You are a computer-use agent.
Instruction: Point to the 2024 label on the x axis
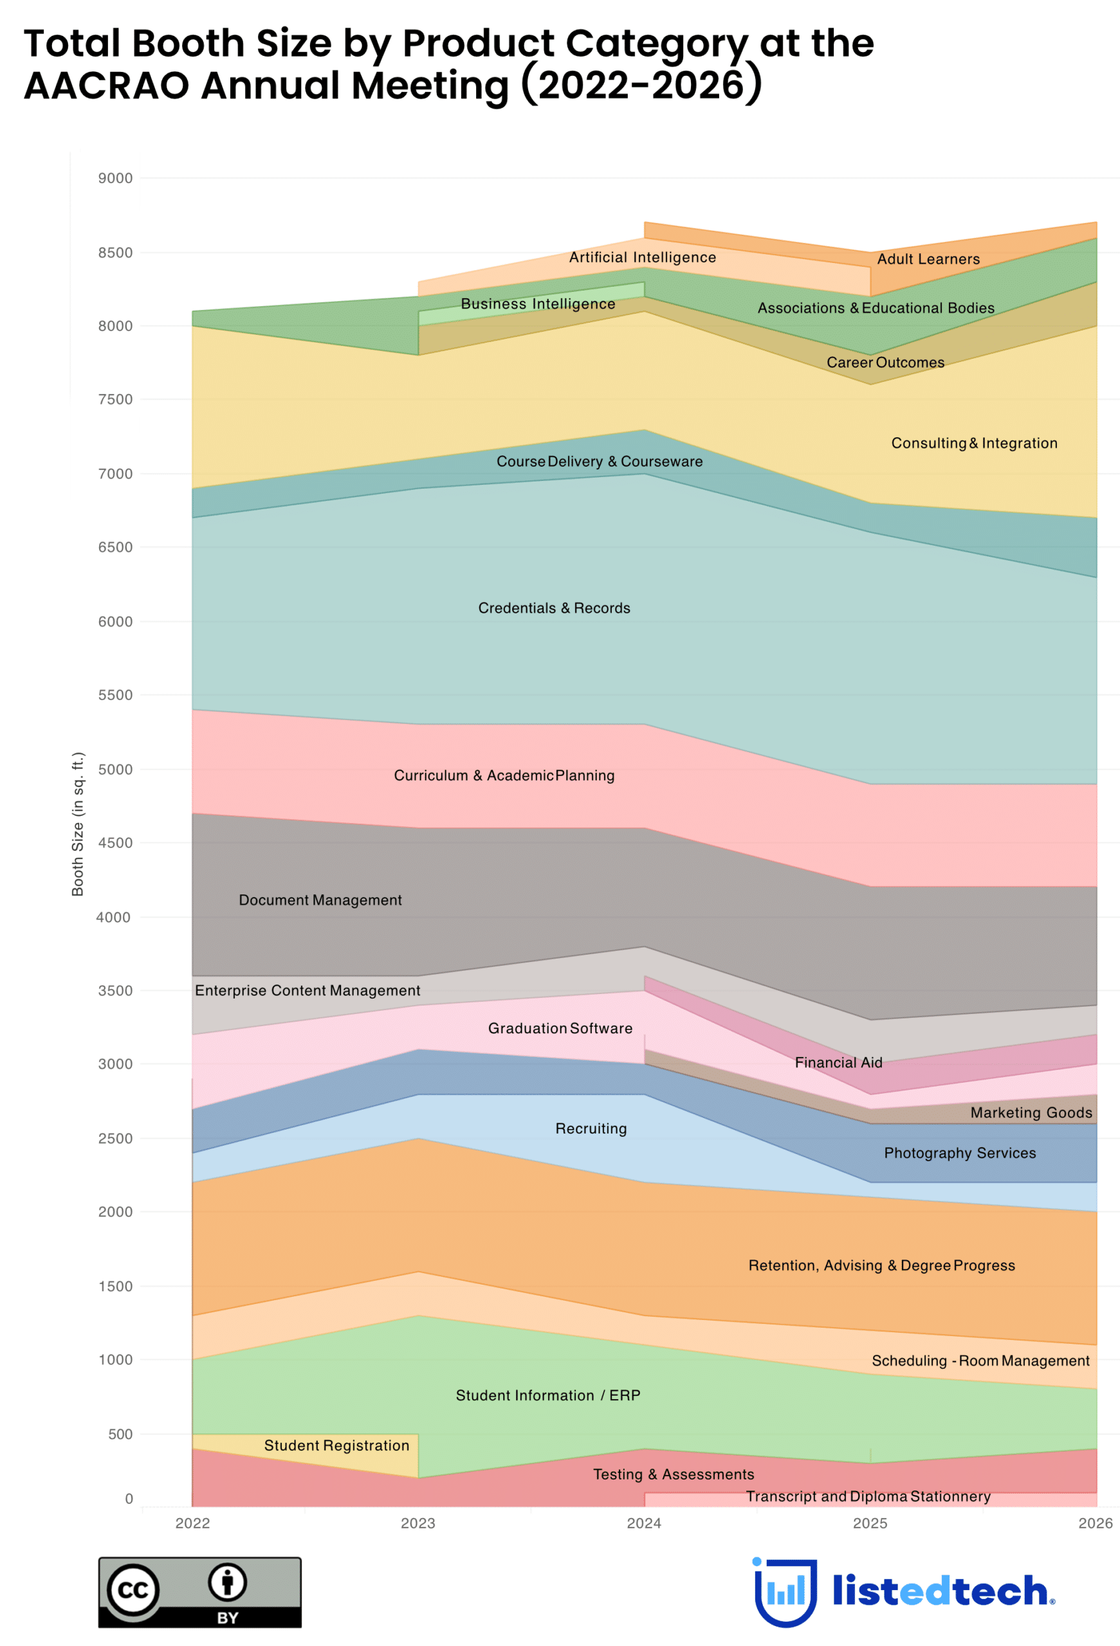tap(643, 1522)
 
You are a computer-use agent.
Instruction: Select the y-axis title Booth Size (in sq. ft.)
tap(78, 823)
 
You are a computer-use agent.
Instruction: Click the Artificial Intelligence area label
tap(642, 257)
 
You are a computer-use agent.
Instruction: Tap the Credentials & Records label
tap(553, 608)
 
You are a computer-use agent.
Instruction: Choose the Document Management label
tap(320, 900)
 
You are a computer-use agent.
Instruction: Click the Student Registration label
tap(336, 1445)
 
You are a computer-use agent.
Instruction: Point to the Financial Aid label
tap(838, 1062)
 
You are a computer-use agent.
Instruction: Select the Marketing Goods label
tap(1030, 1112)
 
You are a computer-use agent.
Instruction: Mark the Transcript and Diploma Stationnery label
tap(867, 1496)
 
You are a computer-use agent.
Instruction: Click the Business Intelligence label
tap(538, 304)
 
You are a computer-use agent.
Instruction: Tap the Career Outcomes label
tap(885, 362)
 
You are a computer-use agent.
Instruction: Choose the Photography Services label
tap(959, 1152)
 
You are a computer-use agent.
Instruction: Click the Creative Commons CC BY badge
tap(200, 1591)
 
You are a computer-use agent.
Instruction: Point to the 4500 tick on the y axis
tap(115, 842)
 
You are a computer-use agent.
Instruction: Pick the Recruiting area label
tap(590, 1128)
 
